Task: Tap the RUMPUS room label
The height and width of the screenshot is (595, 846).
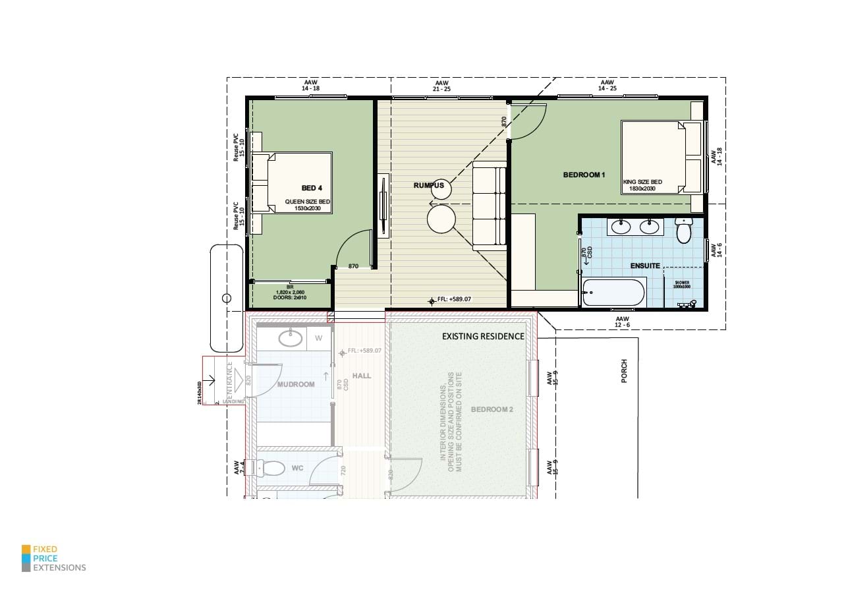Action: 428,186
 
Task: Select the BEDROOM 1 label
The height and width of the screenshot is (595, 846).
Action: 584,175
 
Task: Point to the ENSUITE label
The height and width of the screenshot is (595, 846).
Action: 645,266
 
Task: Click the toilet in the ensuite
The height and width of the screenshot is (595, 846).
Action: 683,231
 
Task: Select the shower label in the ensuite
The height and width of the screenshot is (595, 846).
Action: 681,285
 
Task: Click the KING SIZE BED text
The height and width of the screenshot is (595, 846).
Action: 642,182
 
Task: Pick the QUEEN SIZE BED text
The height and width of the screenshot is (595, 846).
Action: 307,202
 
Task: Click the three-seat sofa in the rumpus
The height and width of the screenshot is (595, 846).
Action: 489,208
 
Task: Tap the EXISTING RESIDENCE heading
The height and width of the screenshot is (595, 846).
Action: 483,336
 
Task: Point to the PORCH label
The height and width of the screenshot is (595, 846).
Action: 624,370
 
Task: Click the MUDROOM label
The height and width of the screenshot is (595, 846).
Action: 296,384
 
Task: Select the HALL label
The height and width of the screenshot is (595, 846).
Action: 362,376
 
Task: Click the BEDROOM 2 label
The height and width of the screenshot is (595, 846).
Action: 492,409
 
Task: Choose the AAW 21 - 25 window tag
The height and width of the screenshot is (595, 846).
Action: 441,85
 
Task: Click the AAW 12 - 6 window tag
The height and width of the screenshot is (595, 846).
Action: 622,321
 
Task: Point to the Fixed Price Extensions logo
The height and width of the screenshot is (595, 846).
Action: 54,558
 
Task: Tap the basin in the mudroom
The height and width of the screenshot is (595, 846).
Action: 291,339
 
